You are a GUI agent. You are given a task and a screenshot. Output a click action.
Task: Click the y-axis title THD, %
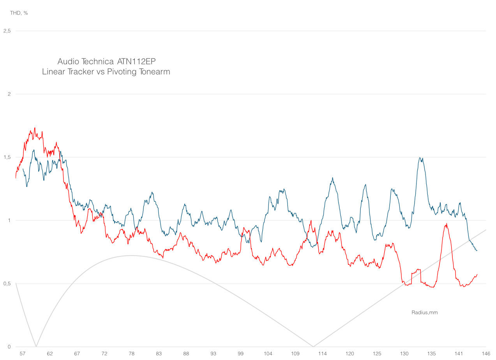(19, 13)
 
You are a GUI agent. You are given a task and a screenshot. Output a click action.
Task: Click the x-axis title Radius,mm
(424, 312)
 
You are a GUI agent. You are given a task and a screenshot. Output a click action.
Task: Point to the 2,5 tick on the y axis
(6, 31)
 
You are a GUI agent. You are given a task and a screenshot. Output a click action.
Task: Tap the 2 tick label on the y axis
(8, 94)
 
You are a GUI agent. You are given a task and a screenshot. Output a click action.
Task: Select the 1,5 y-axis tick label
(6, 157)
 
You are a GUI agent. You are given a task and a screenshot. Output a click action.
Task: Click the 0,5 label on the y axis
(6, 284)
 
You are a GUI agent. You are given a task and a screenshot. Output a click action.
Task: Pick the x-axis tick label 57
(23, 354)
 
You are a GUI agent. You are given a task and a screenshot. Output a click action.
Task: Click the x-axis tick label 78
(132, 354)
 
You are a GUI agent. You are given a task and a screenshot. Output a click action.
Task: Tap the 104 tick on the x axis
(268, 354)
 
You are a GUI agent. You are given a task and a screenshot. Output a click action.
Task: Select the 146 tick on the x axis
(486, 354)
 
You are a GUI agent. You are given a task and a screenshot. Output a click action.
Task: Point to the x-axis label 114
(322, 354)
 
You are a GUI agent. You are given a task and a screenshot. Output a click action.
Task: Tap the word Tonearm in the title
(154, 72)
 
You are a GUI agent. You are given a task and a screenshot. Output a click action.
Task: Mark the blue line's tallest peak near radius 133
(420, 157)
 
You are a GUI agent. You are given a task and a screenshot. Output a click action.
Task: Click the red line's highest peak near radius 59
(35, 128)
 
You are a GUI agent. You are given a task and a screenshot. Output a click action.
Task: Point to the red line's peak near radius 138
(446, 224)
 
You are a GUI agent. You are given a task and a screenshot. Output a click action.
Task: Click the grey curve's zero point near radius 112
(313, 346)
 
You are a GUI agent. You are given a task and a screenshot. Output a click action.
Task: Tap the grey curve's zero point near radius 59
(36, 346)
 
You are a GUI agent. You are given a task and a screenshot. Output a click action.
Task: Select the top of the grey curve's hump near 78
(131, 256)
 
